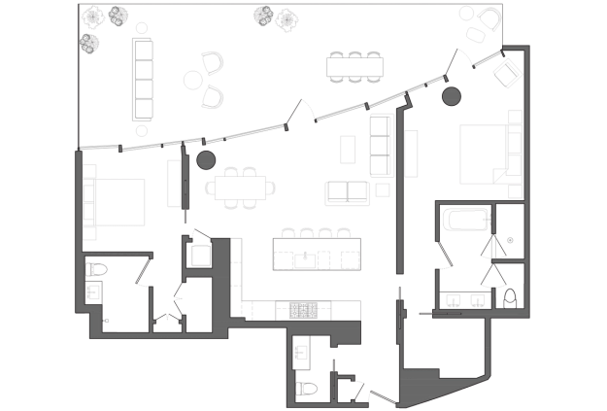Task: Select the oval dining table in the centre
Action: [x=239, y=188]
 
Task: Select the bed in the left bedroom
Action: [x=117, y=200]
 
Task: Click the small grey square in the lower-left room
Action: [x=107, y=319]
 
